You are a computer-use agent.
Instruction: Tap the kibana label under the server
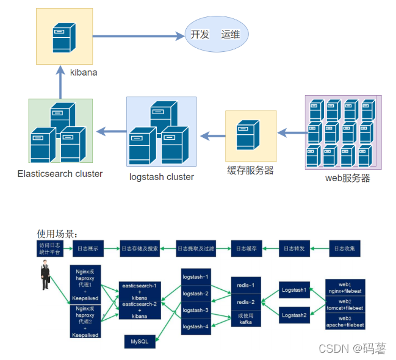point(84,73)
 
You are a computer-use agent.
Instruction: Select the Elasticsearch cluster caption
point(60,174)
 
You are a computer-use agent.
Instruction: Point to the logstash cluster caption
point(162,177)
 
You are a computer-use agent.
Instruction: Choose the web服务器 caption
point(347,178)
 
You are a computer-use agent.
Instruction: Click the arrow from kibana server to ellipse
point(137,35)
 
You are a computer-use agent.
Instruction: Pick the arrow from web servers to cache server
point(290,131)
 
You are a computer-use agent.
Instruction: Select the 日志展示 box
point(88,248)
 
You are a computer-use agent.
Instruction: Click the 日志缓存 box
point(247,248)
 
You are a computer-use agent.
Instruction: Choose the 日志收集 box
point(345,248)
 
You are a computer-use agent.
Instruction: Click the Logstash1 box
point(294,290)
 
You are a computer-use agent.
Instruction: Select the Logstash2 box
point(294,315)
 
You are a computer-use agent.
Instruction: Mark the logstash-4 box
point(196,326)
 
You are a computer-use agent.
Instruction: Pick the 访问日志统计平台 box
point(49,248)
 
